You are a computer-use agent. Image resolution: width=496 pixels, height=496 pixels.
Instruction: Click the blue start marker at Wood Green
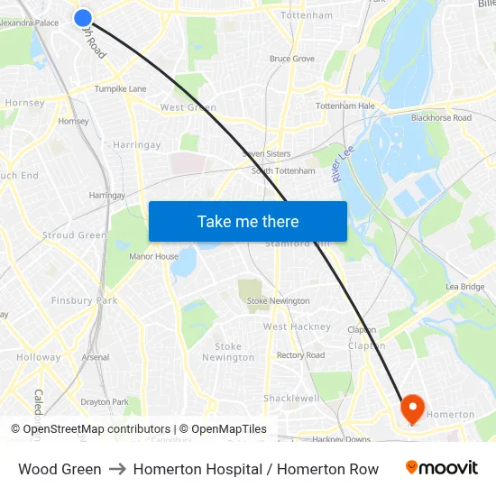tap(83, 17)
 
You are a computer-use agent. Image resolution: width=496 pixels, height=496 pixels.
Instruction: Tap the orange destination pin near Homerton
tap(412, 409)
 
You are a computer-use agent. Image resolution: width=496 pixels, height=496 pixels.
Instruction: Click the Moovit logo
tap(441, 468)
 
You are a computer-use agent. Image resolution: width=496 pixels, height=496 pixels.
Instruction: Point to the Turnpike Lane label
tap(121, 89)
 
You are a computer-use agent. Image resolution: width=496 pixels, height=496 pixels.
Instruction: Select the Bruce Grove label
tap(292, 59)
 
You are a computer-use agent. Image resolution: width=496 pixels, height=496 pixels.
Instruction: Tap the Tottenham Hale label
tap(344, 106)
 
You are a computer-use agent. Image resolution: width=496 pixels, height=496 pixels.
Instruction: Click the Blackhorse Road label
tap(441, 118)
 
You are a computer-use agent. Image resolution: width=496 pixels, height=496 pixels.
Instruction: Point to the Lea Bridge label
tap(465, 287)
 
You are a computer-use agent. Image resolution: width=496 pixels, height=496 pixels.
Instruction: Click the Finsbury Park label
tap(84, 300)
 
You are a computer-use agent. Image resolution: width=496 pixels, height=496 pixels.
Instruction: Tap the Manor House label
tap(153, 256)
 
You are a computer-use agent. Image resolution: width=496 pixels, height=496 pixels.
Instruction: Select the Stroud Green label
tap(74, 235)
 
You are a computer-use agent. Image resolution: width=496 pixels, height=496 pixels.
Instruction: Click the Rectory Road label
tap(300, 355)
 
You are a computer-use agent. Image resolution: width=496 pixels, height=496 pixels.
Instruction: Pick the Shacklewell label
tap(291, 398)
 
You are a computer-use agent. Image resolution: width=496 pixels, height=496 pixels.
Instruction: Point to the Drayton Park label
tap(104, 401)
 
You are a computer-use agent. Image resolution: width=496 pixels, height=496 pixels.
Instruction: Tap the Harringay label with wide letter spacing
tap(137, 144)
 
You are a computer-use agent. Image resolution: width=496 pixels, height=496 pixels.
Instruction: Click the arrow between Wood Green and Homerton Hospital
tap(117, 469)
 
